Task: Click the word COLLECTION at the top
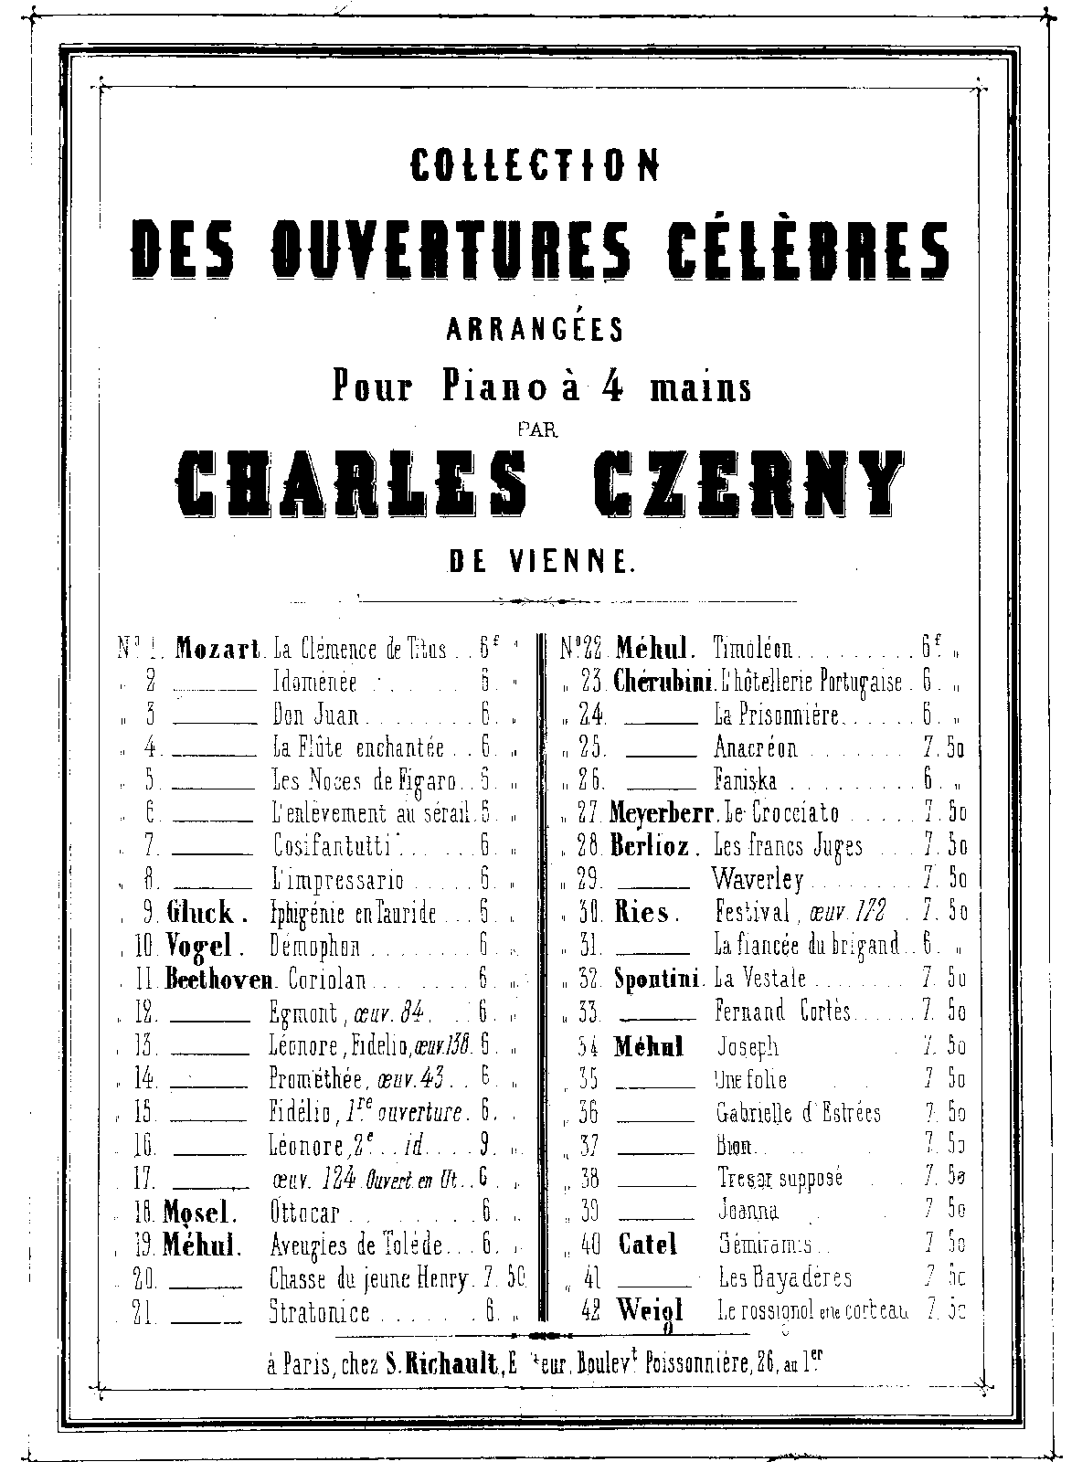point(535,164)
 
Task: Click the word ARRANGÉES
point(535,329)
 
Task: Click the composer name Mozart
point(218,650)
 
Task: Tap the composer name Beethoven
point(219,980)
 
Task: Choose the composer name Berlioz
point(650,846)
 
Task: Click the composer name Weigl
point(650,1309)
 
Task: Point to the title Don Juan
point(315,715)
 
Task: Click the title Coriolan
point(327,980)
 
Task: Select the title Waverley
point(758,879)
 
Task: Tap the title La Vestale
point(760,979)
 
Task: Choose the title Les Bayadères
point(785,1277)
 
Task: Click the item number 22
point(592,650)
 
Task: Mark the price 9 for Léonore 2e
point(484,1145)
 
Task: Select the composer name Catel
point(648,1244)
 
